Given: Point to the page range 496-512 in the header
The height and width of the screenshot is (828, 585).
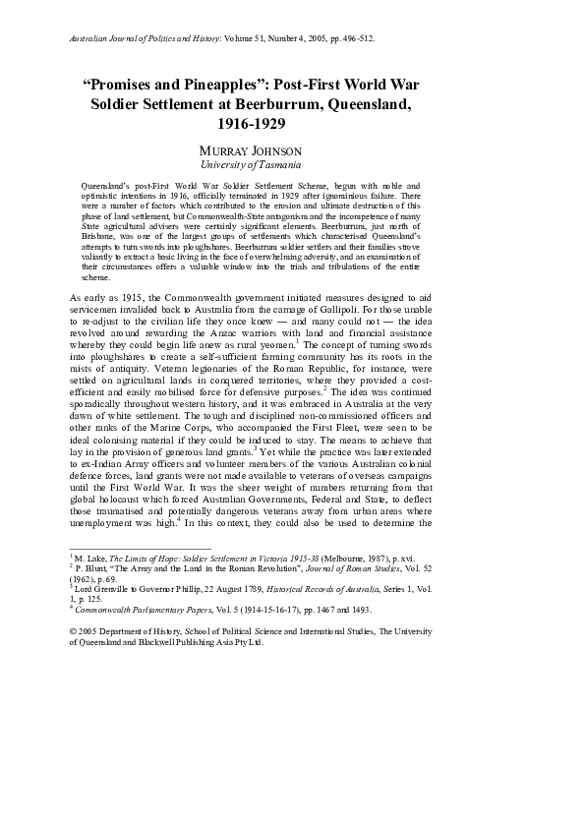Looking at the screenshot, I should click(351, 41).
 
